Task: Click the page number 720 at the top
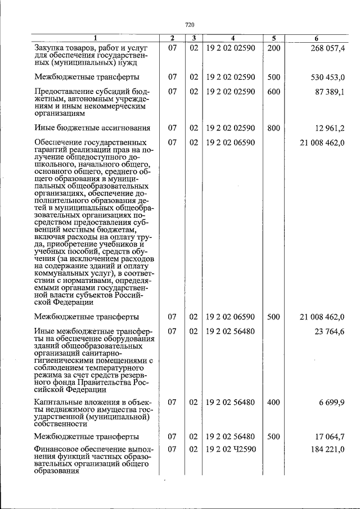click(190, 25)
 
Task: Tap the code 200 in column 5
click(273, 48)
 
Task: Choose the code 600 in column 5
click(273, 91)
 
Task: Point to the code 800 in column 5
click(273, 128)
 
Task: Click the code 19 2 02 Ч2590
click(231, 450)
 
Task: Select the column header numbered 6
click(317, 38)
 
